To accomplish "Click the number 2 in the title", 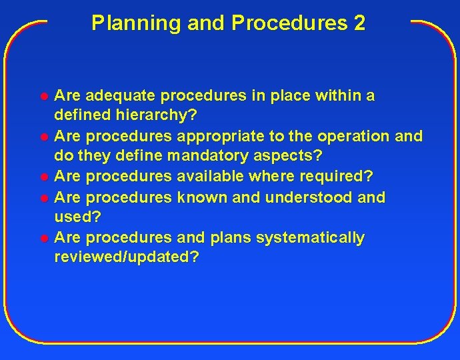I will pos(359,23).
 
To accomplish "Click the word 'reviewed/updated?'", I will pos(127,258).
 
